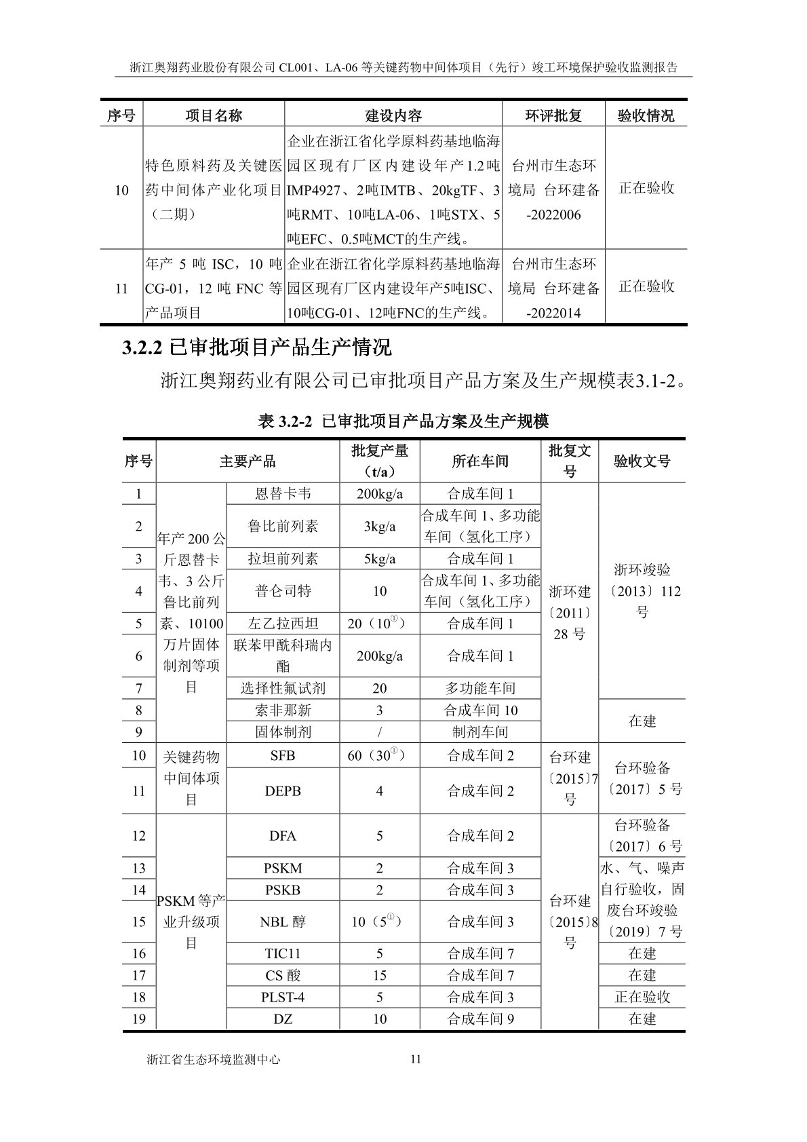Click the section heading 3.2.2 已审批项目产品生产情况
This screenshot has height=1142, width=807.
(256, 348)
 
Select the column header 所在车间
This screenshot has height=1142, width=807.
(480, 461)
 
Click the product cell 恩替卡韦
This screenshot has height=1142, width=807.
(283, 494)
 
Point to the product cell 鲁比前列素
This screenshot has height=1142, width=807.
(283, 527)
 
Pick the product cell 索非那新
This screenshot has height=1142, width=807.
(283, 710)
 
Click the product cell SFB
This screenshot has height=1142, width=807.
(283, 755)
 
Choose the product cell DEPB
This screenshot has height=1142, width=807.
(283, 791)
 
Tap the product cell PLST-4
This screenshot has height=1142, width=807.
(283, 997)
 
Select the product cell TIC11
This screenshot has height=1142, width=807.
(283, 953)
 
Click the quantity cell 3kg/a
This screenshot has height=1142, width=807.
(380, 527)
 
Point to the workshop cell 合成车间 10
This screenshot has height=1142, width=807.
(480, 710)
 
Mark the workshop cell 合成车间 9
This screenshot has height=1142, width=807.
(480, 1019)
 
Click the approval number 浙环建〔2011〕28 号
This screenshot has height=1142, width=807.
(570, 613)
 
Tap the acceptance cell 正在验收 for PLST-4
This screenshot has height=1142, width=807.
(642, 997)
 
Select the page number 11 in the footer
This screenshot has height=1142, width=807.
(416, 1059)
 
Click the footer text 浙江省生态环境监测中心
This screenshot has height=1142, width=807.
(214, 1059)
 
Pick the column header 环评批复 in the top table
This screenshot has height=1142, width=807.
(553, 116)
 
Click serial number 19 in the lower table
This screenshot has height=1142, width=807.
(139, 1019)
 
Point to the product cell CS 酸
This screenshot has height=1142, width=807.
(283, 975)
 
